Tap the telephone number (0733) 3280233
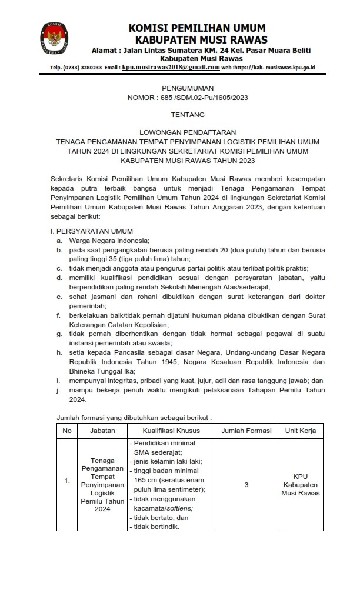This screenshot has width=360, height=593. point(86,68)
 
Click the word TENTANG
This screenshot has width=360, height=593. point(180,116)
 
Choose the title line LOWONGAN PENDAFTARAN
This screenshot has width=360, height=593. point(180,134)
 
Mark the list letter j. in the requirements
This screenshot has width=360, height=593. point(58,390)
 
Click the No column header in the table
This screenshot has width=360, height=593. point(67,431)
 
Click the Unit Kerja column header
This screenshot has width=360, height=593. point(300,431)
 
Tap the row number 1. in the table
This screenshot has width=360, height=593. point(67,481)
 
